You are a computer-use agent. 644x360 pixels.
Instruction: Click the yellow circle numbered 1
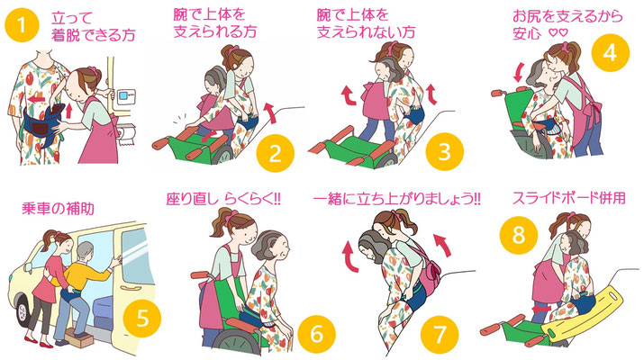pyautogui.click(x=22, y=25)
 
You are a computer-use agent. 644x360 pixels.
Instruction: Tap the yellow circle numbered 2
pyautogui.click(x=275, y=153)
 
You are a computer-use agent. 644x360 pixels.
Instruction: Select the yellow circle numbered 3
pyautogui.click(x=444, y=151)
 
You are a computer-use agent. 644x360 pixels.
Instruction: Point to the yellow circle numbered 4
pyautogui.click(x=611, y=53)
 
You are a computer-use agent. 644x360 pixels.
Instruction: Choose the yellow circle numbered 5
pyautogui.click(x=142, y=318)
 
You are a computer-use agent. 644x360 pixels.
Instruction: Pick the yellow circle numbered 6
pyautogui.click(x=316, y=334)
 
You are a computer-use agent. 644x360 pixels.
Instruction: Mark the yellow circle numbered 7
pyautogui.click(x=440, y=334)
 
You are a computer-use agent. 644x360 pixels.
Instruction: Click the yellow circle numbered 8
pyautogui.click(x=518, y=235)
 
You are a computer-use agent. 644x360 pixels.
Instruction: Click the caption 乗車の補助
pyautogui.click(x=58, y=209)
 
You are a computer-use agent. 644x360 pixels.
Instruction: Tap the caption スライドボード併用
pyautogui.click(x=569, y=198)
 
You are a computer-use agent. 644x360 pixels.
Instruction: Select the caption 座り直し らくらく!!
pyautogui.click(x=223, y=199)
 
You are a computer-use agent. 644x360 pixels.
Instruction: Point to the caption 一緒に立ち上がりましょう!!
pyautogui.click(x=396, y=199)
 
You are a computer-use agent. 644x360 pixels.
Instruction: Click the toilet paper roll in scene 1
pyautogui.click(x=127, y=135)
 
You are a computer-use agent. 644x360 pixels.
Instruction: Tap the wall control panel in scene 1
pyautogui.click(x=126, y=97)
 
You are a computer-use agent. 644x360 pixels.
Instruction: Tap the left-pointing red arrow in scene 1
pyautogui.click(x=37, y=99)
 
